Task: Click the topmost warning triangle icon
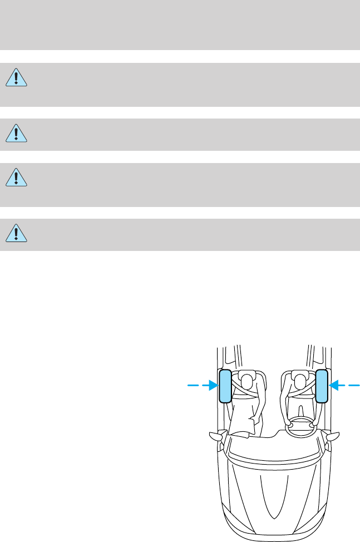click(x=17, y=78)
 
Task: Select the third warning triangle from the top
click(x=17, y=178)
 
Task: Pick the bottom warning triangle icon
click(x=17, y=233)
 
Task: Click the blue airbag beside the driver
click(x=321, y=385)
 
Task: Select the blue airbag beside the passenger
click(x=225, y=385)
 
